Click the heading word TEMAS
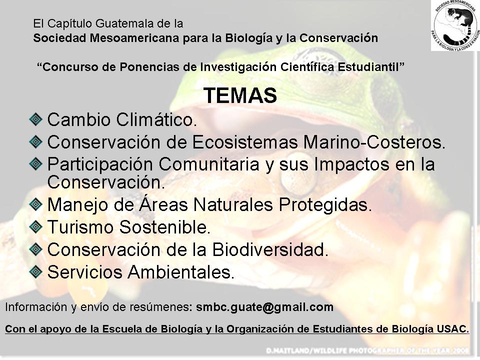click(x=240, y=95)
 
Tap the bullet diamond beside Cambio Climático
click(x=36, y=119)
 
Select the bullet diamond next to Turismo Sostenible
click(x=36, y=227)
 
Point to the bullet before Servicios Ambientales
click(x=36, y=271)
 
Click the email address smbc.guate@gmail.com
click(x=265, y=307)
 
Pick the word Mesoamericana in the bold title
click(x=135, y=38)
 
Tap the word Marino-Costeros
click(x=374, y=142)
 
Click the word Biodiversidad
click(x=270, y=249)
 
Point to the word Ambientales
click(x=181, y=272)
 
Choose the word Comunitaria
click(x=209, y=164)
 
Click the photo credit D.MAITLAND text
click(x=367, y=350)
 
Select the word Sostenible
click(x=164, y=227)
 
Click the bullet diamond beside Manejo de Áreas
click(x=36, y=204)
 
